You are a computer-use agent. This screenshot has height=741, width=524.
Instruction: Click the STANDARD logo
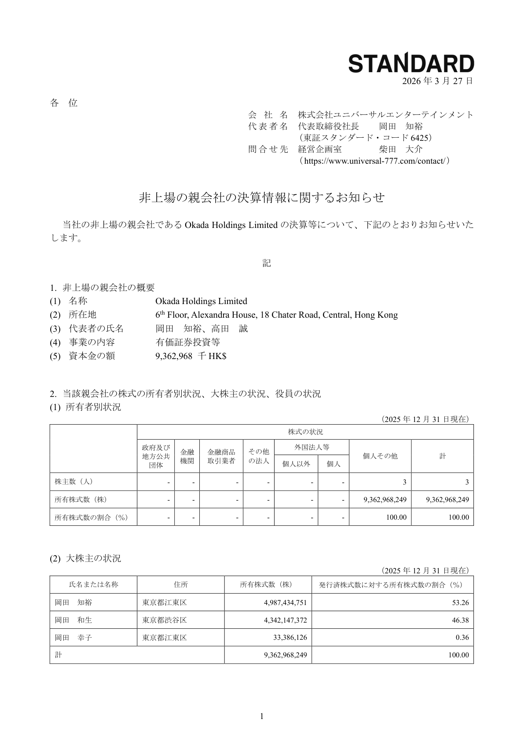click(x=411, y=63)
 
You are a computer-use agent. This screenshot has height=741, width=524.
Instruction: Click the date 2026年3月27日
click(x=438, y=81)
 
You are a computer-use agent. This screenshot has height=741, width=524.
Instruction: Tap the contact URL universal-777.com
click(x=374, y=161)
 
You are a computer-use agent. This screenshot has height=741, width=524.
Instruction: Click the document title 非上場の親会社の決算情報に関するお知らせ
click(x=262, y=198)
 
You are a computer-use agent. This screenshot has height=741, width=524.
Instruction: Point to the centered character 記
click(x=267, y=263)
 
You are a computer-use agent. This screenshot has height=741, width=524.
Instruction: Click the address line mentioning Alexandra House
click(x=276, y=315)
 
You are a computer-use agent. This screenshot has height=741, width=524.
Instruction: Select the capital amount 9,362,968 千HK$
click(x=191, y=356)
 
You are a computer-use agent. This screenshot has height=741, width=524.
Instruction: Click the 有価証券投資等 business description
click(x=187, y=342)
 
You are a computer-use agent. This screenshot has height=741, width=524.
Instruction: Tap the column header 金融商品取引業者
click(x=221, y=456)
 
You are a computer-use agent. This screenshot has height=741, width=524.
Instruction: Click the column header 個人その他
click(x=380, y=456)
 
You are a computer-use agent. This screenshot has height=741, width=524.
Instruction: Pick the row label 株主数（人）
click(x=73, y=482)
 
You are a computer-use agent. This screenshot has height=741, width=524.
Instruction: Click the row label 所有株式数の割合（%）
click(x=91, y=517)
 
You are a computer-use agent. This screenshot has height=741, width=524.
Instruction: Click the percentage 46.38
click(x=460, y=620)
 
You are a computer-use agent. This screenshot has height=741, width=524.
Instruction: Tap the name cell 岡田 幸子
click(x=73, y=638)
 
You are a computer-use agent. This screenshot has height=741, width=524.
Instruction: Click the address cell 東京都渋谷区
click(x=165, y=620)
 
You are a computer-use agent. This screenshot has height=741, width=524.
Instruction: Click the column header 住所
click(x=180, y=585)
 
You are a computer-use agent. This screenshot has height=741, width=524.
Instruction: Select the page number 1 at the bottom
click(x=262, y=717)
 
